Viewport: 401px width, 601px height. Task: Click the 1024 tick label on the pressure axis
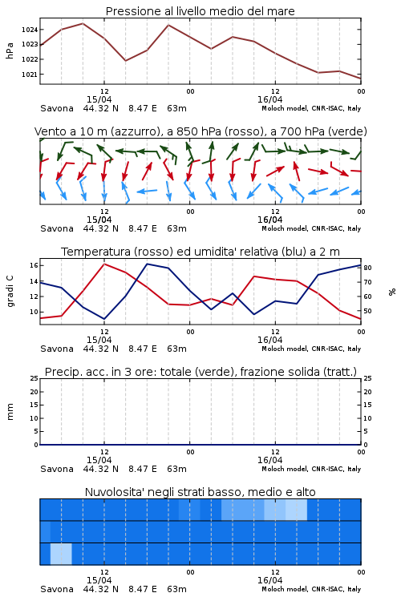click(30, 30)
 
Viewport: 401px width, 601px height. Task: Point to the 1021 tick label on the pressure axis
click(30, 75)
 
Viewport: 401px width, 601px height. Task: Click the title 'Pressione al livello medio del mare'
click(200, 11)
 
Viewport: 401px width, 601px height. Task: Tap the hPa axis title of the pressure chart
click(10, 50)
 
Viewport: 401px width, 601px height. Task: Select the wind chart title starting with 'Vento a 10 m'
click(200, 131)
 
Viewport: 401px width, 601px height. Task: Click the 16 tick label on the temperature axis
click(34, 265)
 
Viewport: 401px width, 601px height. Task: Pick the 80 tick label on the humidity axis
click(367, 268)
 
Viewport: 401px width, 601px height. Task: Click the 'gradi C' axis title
click(10, 292)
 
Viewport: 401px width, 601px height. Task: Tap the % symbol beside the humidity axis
click(392, 292)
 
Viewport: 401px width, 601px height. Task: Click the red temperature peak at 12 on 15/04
click(104, 264)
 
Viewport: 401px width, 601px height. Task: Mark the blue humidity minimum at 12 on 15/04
click(104, 318)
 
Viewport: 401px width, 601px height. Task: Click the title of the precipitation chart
click(200, 372)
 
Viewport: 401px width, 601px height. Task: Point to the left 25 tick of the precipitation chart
click(34, 378)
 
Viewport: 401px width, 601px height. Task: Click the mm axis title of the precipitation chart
click(10, 412)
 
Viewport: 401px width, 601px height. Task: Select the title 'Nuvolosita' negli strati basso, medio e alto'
click(200, 492)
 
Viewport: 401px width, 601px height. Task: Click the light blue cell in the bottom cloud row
click(61, 554)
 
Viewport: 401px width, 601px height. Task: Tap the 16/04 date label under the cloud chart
click(269, 580)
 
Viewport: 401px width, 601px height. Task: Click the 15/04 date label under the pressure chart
click(99, 99)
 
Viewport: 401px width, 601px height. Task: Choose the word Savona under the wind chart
click(57, 229)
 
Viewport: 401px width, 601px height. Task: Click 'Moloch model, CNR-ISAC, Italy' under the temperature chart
click(311, 349)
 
